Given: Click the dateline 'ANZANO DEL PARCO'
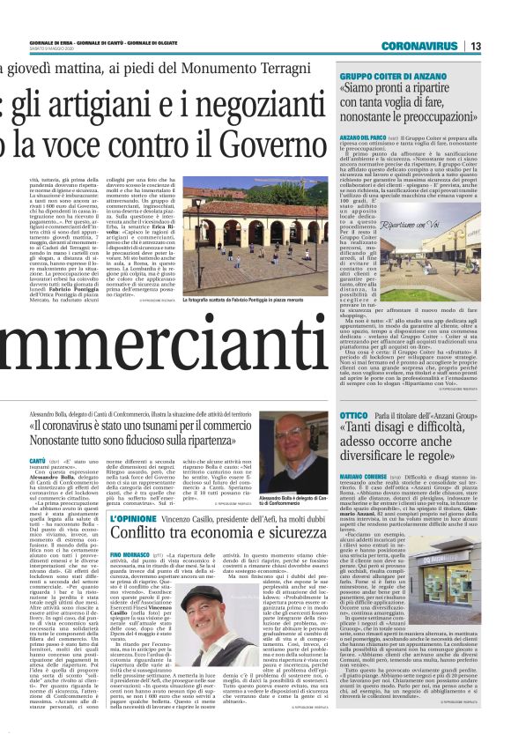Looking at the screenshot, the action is pyautogui.click(x=363, y=139).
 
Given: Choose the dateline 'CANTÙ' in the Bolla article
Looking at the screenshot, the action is pyautogui.click(x=38, y=461).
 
